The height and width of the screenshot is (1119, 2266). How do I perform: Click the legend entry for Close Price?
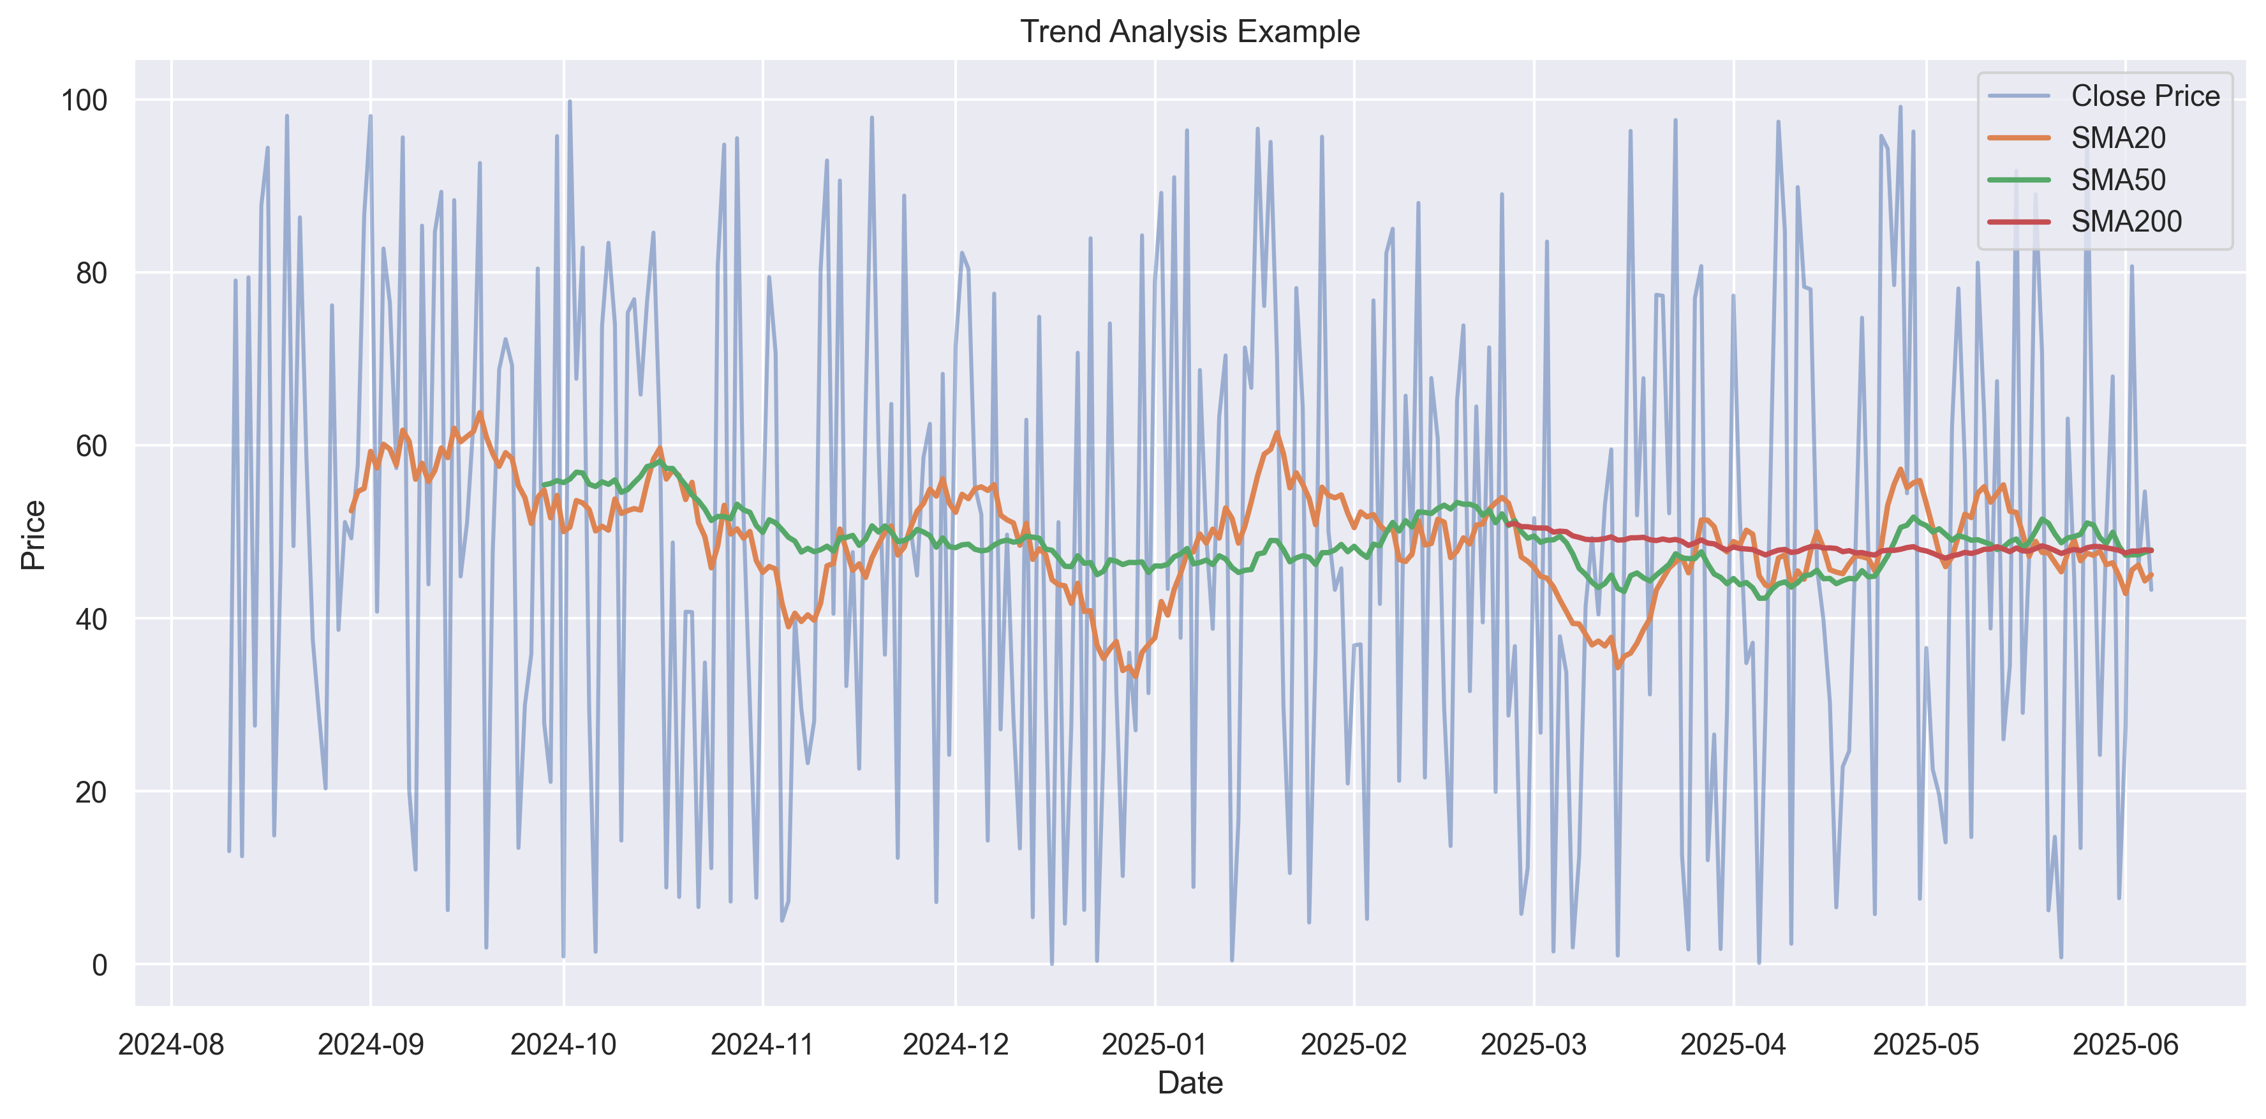(x=2145, y=96)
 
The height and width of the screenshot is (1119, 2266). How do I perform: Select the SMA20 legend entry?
(x=2117, y=138)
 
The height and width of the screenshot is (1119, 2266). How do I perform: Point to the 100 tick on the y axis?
(x=84, y=100)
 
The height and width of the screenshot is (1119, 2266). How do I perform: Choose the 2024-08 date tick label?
(x=172, y=1044)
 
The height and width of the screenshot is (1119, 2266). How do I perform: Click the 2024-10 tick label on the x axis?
(x=564, y=1044)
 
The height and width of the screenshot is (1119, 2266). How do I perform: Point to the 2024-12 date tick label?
(x=955, y=1044)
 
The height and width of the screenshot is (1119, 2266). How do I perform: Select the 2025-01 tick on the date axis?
(x=1155, y=1044)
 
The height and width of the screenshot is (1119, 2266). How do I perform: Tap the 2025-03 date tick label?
(x=1534, y=1044)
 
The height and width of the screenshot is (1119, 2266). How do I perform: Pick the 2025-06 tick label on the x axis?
(x=2125, y=1044)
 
